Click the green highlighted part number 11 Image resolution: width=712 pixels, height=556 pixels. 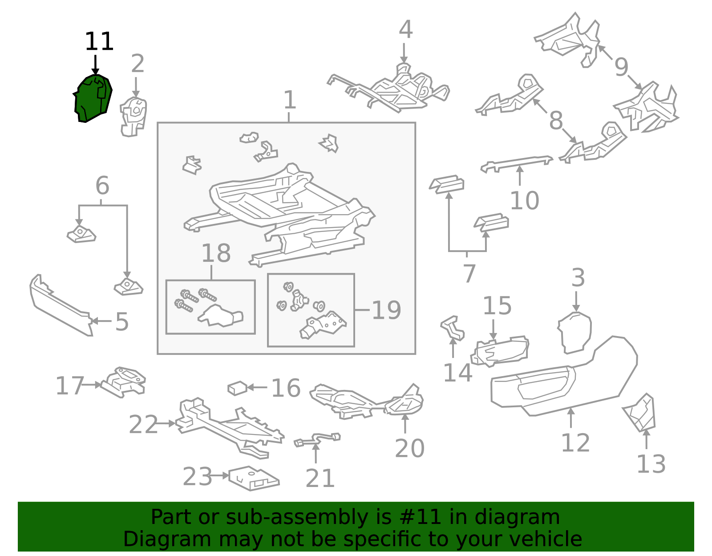point(93,98)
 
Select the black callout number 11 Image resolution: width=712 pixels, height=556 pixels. point(99,41)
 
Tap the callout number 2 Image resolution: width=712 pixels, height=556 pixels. point(138,64)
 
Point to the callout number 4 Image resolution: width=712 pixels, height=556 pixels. point(405,29)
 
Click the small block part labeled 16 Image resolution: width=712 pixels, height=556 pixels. point(237,388)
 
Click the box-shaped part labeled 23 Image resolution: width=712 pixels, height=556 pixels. point(254,479)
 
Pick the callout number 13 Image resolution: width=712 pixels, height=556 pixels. point(651,464)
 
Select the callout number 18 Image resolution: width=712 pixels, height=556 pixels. point(216,253)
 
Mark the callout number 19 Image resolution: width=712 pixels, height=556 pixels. point(386,310)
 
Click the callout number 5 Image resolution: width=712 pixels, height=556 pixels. point(122,322)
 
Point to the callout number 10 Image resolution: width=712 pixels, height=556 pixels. point(524,200)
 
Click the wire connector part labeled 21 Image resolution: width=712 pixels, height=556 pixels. point(317,439)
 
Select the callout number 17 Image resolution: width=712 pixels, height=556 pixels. point(70,386)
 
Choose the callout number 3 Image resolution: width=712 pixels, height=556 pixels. point(578,278)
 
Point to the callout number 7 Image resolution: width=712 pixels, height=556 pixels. point(469,274)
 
